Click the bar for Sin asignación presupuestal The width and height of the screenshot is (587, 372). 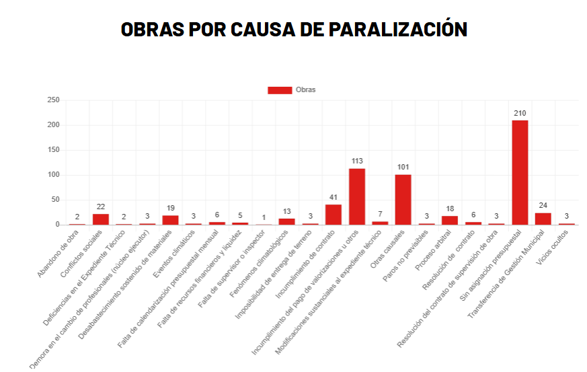pos(520,172)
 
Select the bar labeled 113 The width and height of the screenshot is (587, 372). pos(357,196)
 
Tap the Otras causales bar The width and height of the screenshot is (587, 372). pos(403,199)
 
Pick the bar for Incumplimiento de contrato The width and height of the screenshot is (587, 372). pos(334,215)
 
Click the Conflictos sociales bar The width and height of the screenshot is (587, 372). pos(101,219)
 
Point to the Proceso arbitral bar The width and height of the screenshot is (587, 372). pos(450,220)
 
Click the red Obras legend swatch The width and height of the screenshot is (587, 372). pos(280,90)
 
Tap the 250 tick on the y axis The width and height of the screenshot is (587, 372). pos(53,100)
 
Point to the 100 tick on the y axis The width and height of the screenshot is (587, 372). pos(53,175)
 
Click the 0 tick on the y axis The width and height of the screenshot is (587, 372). pos(57,225)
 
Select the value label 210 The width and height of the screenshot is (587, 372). pos(520,113)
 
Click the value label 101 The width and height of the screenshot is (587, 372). pos(403,167)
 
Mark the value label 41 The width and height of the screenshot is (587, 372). pos(334,197)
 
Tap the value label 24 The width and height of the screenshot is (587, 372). pos(543,206)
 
